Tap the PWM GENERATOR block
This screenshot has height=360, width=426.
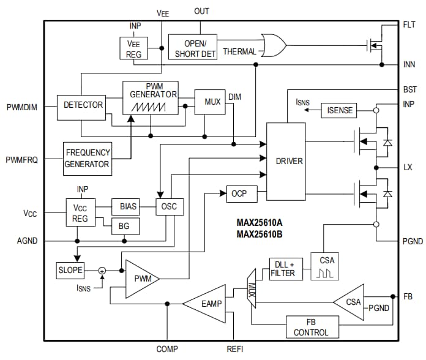pos(151,97)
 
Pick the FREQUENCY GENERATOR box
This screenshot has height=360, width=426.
pos(88,158)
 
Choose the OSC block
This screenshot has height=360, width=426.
pos(169,206)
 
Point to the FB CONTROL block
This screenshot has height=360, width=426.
pos(312,327)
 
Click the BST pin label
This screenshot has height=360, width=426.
pos(410,89)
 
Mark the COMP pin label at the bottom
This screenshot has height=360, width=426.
pos(166,349)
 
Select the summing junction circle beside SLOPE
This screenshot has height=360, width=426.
pos(102,270)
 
